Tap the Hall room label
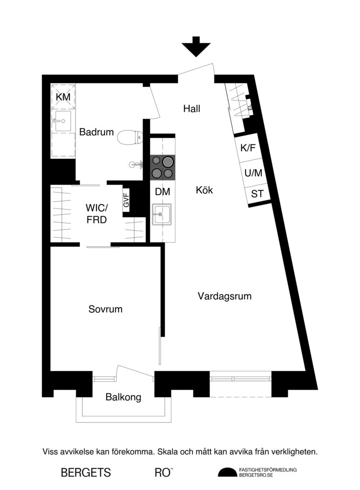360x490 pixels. tap(192, 109)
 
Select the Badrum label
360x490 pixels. tap(97, 132)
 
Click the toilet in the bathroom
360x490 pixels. tap(130, 137)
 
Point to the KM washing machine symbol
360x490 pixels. tap(63, 97)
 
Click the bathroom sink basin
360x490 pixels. tap(62, 123)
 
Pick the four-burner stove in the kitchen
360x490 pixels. tap(163, 167)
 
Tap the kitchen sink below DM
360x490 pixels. tap(162, 214)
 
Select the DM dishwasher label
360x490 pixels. tap(163, 191)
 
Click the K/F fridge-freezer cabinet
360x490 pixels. tap(248, 148)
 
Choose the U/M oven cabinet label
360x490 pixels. tap(253, 173)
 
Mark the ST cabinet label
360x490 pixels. tap(257, 194)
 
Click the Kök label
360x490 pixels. tap(204, 190)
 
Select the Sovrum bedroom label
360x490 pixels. tap(105, 309)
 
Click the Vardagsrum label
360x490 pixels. tap(225, 296)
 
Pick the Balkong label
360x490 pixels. tap(123, 397)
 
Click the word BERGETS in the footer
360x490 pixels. tap(86, 473)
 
